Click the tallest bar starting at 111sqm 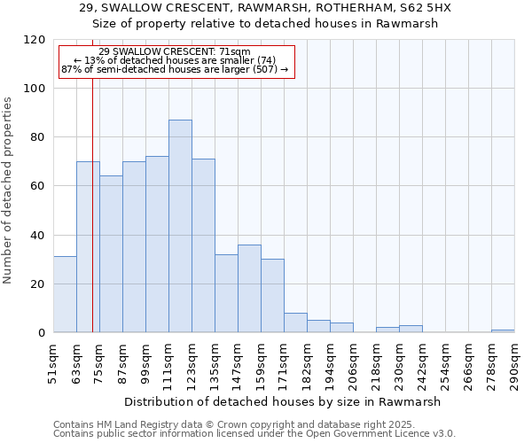[x=180, y=226]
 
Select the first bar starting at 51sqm [x=65, y=294]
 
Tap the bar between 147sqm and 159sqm [x=249, y=288]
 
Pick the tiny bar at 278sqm [x=503, y=330]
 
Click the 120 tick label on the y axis [x=35, y=40]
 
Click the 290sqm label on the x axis [x=514, y=363]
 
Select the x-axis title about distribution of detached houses [x=281, y=401]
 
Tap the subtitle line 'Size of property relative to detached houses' [x=265, y=24]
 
